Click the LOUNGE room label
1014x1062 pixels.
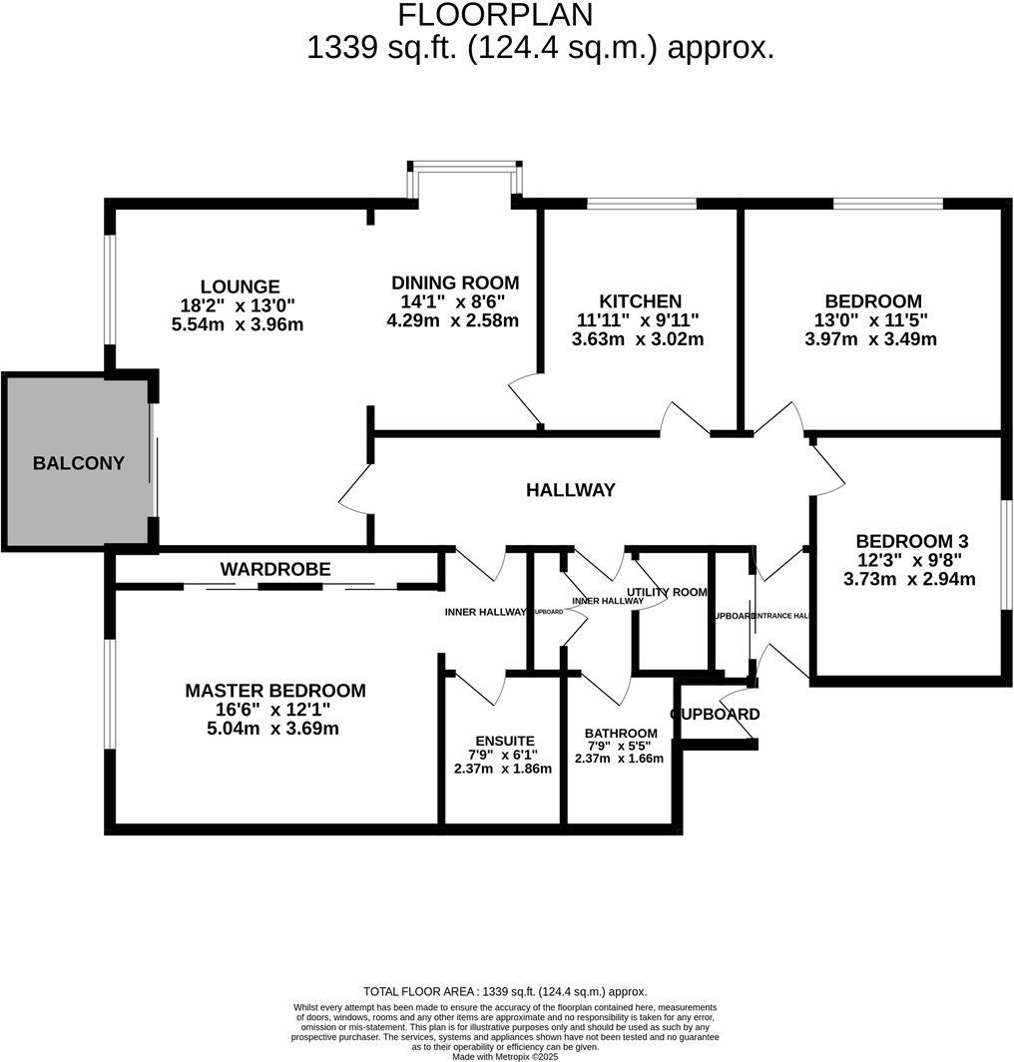[x=239, y=286]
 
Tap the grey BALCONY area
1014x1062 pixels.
[x=78, y=463]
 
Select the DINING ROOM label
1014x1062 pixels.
[x=454, y=282]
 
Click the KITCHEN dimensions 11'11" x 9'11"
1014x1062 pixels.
[x=639, y=320]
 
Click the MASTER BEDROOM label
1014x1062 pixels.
[x=274, y=691]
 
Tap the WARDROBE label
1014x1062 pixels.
[x=274, y=569]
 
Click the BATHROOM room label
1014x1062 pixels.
[x=620, y=734]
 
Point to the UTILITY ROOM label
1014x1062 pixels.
[x=667, y=592]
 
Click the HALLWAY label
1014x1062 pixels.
[x=571, y=490]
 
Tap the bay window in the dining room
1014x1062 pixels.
[x=464, y=168]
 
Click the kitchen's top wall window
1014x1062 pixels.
[x=641, y=205]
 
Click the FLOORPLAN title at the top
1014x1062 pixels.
[x=495, y=15]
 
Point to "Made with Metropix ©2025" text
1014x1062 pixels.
[x=505, y=1056]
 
